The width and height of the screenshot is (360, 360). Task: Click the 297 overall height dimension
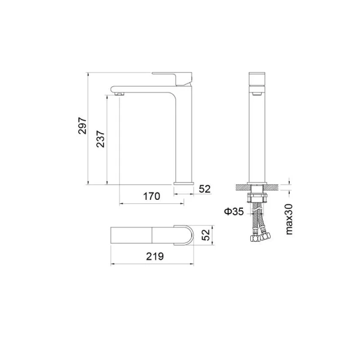pyautogui.click(x=83, y=125)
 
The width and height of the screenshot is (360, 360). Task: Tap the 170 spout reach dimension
pyautogui.click(x=152, y=196)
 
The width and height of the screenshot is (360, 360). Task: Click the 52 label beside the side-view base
pyautogui.click(x=205, y=188)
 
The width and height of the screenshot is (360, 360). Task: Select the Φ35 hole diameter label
pyautogui.click(x=232, y=211)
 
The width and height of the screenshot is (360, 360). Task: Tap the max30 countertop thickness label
pyautogui.click(x=289, y=219)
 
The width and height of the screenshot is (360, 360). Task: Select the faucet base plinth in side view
pyautogui.click(x=184, y=182)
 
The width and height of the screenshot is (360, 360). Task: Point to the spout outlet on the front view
pyautogui.click(x=257, y=92)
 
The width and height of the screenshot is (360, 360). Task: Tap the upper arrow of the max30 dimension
pyautogui.click(x=289, y=181)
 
